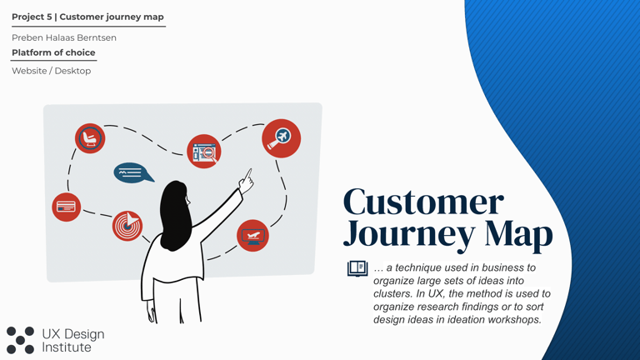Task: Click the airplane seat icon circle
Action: pos(90,138)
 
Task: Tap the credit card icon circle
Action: pos(67,207)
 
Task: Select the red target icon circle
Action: pos(127,225)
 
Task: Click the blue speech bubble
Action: pos(132,172)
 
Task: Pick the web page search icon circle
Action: pos(204,152)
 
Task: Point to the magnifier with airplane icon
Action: pos(281,138)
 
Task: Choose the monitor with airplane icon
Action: pos(252,236)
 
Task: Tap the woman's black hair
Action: pos(174,214)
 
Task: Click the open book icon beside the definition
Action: pos(357,268)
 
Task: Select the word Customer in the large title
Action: pos(423,202)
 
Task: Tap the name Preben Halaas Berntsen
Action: pos(64,37)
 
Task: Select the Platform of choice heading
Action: pos(53,52)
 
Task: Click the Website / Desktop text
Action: pos(51,71)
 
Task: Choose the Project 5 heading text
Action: pos(87,17)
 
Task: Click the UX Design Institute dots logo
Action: pos(20,340)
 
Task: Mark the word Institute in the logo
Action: pos(67,347)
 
